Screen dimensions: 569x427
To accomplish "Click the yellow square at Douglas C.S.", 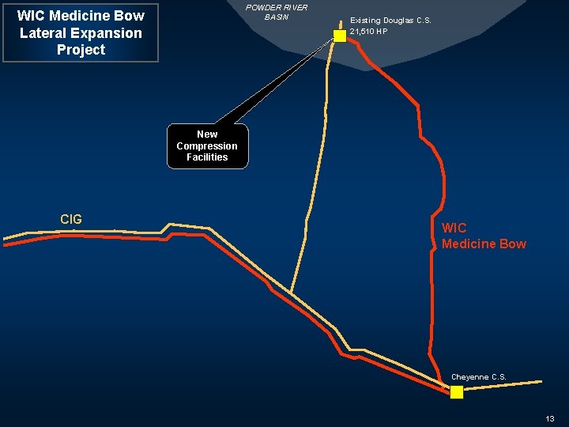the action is pyautogui.click(x=340, y=36).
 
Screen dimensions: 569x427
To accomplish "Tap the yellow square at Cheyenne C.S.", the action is pyautogui.click(x=457, y=392).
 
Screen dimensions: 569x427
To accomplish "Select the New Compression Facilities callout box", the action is pyautogui.click(x=207, y=146).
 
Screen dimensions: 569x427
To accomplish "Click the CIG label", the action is pyautogui.click(x=71, y=219).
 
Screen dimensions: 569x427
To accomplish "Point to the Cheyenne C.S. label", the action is pyautogui.click(x=479, y=377).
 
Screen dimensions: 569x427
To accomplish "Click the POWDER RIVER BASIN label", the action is pyautogui.click(x=277, y=12).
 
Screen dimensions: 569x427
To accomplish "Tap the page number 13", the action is pyautogui.click(x=550, y=418).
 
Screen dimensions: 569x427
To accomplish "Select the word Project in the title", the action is pyautogui.click(x=81, y=50).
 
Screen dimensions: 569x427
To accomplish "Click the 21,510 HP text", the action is pyautogui.click(x=368, y=32).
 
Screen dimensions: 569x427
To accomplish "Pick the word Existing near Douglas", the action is pyautogui.click(x=365, y=21).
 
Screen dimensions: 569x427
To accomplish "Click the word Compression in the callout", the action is pyautogui.click(x=207, y=146).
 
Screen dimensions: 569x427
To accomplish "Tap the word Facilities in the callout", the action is pyautogui.click(x=207, y=157).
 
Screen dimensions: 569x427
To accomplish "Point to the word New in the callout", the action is pyautogui.click(x=207, y=134).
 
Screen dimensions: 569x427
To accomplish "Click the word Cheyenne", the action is pyautogui.click(x=470, y=377).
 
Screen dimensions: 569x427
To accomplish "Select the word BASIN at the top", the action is pyautogui.click(x=277, y=17).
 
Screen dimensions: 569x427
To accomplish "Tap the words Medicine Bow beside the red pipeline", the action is pyautogui.click(x=484, y=244).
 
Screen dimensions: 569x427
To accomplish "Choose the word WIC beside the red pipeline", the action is pyautogui.click(x=454, y=229).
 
